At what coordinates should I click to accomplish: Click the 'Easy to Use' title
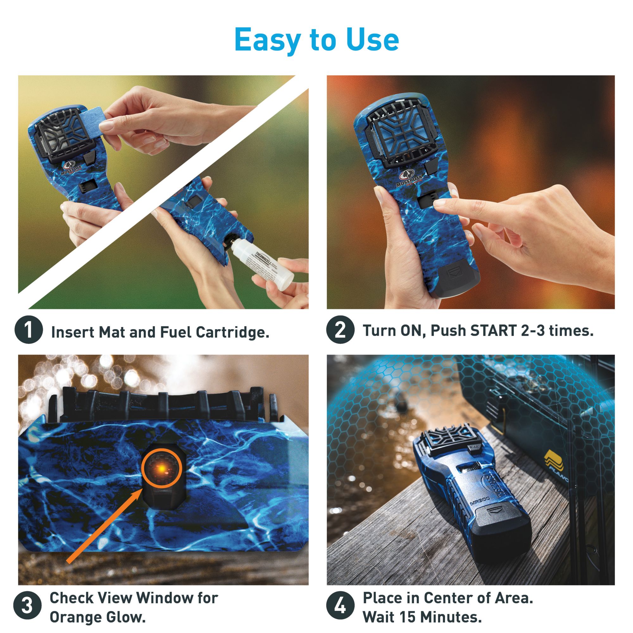coord(316,40)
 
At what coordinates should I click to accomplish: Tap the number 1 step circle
coord(29,330)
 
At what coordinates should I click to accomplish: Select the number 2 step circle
coord(340,330)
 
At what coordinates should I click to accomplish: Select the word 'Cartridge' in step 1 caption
coord(233,332)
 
